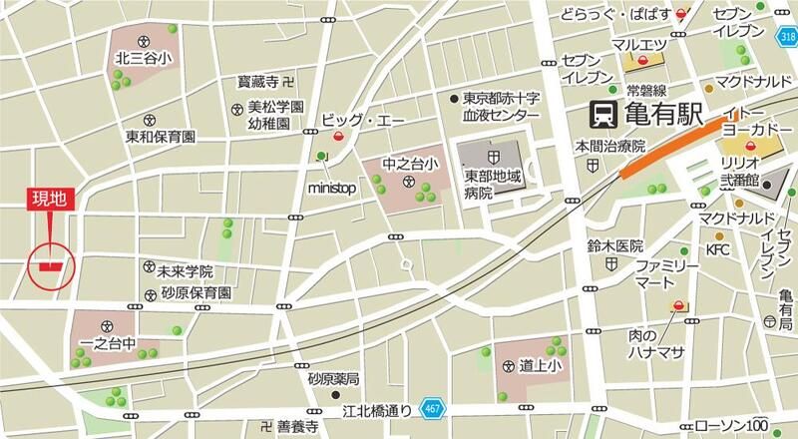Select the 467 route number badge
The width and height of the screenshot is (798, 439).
430,408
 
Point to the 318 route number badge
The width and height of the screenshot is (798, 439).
788,37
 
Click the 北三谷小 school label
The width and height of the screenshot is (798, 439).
144,58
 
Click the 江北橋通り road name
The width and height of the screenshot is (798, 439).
370,409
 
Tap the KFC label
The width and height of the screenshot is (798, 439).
718,247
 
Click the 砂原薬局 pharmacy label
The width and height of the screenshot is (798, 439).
333,379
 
